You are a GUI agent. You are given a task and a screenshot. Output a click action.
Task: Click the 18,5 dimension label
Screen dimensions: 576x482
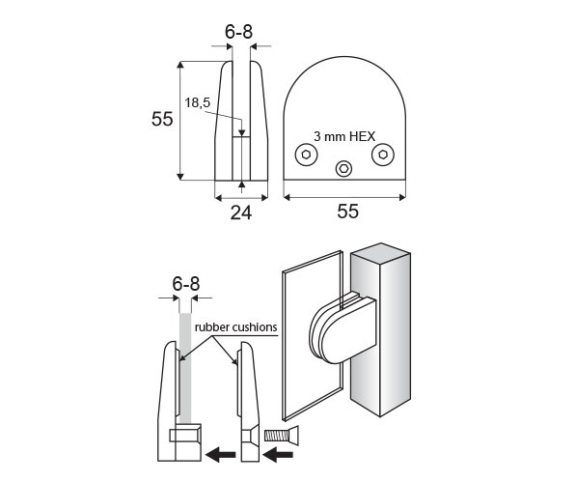197,103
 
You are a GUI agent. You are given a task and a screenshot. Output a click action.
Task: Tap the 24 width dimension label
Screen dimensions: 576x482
241,213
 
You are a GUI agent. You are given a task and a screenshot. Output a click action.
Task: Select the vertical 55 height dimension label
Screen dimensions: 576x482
162,119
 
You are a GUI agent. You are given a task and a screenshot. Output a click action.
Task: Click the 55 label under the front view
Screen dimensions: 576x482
347,211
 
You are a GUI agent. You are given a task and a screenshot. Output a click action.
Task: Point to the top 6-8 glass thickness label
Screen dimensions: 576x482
238,32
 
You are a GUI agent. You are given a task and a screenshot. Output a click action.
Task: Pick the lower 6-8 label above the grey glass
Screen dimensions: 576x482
186,284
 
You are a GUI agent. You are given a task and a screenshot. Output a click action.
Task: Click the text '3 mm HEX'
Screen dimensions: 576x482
344,136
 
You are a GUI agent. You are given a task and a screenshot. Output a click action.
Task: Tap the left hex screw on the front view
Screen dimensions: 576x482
307,155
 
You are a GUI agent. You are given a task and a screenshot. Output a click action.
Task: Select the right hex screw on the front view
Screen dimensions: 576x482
383,155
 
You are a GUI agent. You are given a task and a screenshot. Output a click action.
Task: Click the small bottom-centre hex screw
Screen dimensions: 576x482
344,169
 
